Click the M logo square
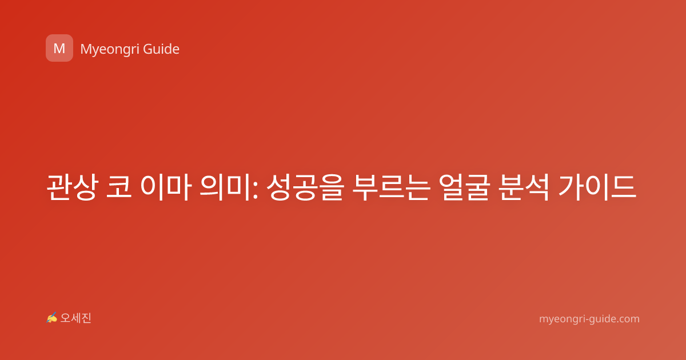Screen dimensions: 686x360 (59, 48)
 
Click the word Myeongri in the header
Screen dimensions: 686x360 (109, 50)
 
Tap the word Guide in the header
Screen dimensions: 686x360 (161, 49)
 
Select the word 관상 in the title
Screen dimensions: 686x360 (72, 187)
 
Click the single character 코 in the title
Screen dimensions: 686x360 (119, 187)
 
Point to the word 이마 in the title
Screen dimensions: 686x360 (166, 187)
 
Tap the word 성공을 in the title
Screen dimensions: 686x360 (305, 187)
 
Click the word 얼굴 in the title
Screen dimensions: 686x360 (464, 187)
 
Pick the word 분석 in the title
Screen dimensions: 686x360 (524, 187)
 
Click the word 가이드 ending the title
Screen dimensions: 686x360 (597, 187)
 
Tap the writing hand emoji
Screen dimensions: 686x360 (51, 318)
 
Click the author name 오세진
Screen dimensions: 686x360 (75, 318)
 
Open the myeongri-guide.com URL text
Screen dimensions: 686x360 (589, 319)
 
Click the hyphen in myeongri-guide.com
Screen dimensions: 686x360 (587, 319)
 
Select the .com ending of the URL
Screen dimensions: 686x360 (627, 319)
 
